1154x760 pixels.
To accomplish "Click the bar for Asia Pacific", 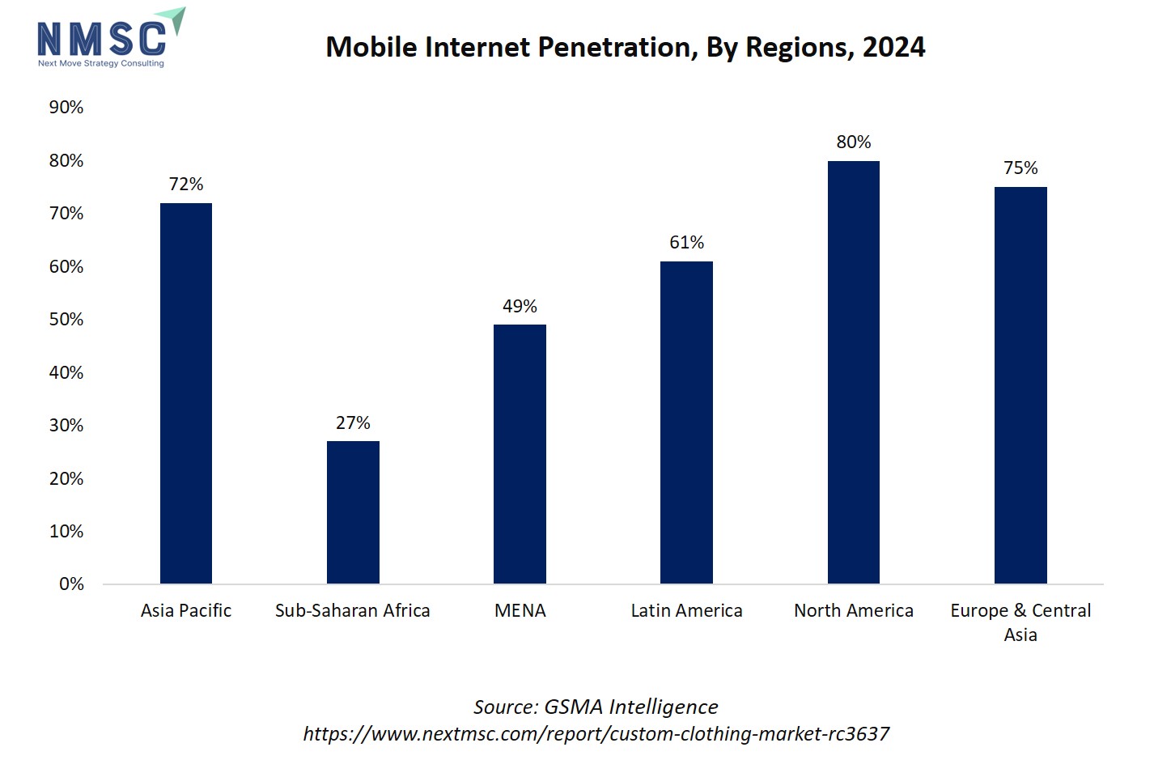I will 186,393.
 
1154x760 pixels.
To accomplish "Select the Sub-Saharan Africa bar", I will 353,512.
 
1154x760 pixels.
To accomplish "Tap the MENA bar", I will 520,454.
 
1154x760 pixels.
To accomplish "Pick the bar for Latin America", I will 686,422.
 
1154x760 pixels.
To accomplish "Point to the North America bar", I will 853,372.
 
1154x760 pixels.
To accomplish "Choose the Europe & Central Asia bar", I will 1020,385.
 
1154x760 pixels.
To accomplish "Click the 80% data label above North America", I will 854,142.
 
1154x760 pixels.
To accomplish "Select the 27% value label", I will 353,423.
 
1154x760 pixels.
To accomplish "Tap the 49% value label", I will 520,307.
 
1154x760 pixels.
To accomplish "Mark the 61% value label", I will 686,243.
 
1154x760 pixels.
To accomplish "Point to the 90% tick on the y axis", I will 66,108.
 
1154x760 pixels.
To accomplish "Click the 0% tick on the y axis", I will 71,584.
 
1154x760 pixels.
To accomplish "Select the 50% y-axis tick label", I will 66,320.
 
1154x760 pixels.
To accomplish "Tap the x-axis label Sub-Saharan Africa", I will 353,611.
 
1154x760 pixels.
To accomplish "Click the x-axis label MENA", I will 520,611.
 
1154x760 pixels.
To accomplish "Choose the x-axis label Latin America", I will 686,611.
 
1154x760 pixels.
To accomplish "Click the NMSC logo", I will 109,39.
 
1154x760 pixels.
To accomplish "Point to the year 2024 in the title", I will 893,48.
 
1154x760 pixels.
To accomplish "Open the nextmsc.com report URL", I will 596,734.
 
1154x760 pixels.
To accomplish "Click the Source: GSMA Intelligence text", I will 596,707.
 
